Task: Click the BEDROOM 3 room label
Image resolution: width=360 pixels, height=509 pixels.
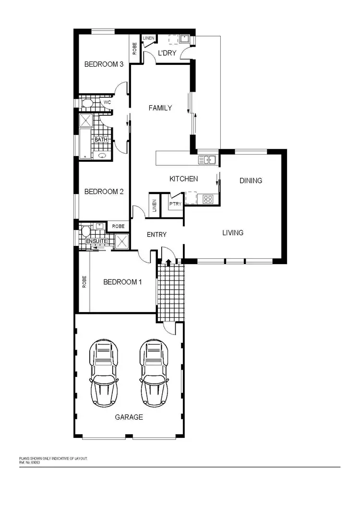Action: click(x=101, y=64)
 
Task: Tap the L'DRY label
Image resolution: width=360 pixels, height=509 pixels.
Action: click(x=167, y=53)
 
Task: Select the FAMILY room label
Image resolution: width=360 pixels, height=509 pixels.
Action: click(x=160, y=108)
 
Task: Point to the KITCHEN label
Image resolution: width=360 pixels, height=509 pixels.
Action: click(x=183, y=179)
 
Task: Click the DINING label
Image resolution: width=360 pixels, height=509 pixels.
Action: click(x=251, y=181)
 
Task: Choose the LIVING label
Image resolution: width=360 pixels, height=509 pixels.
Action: click(x=233, y=232)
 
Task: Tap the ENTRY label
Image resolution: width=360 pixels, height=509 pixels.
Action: click(x=156, y=234)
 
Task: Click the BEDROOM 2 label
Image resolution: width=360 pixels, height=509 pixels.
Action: click(x=104, y=192)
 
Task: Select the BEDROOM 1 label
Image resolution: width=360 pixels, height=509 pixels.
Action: click(x=122, y=282)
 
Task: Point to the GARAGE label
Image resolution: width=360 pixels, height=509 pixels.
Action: click(x=129, y=417)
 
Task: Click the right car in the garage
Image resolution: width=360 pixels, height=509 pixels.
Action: click(x=155, y=372)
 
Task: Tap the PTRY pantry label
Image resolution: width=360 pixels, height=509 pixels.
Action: click(x=174, y=204)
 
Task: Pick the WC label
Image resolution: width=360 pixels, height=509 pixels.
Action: click(x=108, y=103)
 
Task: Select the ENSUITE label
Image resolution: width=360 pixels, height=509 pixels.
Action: click(x=96, y=241)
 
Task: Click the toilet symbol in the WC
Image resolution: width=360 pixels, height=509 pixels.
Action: click(x=87, y=103)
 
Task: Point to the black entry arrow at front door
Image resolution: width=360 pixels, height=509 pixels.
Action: click(x=168, y=262)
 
